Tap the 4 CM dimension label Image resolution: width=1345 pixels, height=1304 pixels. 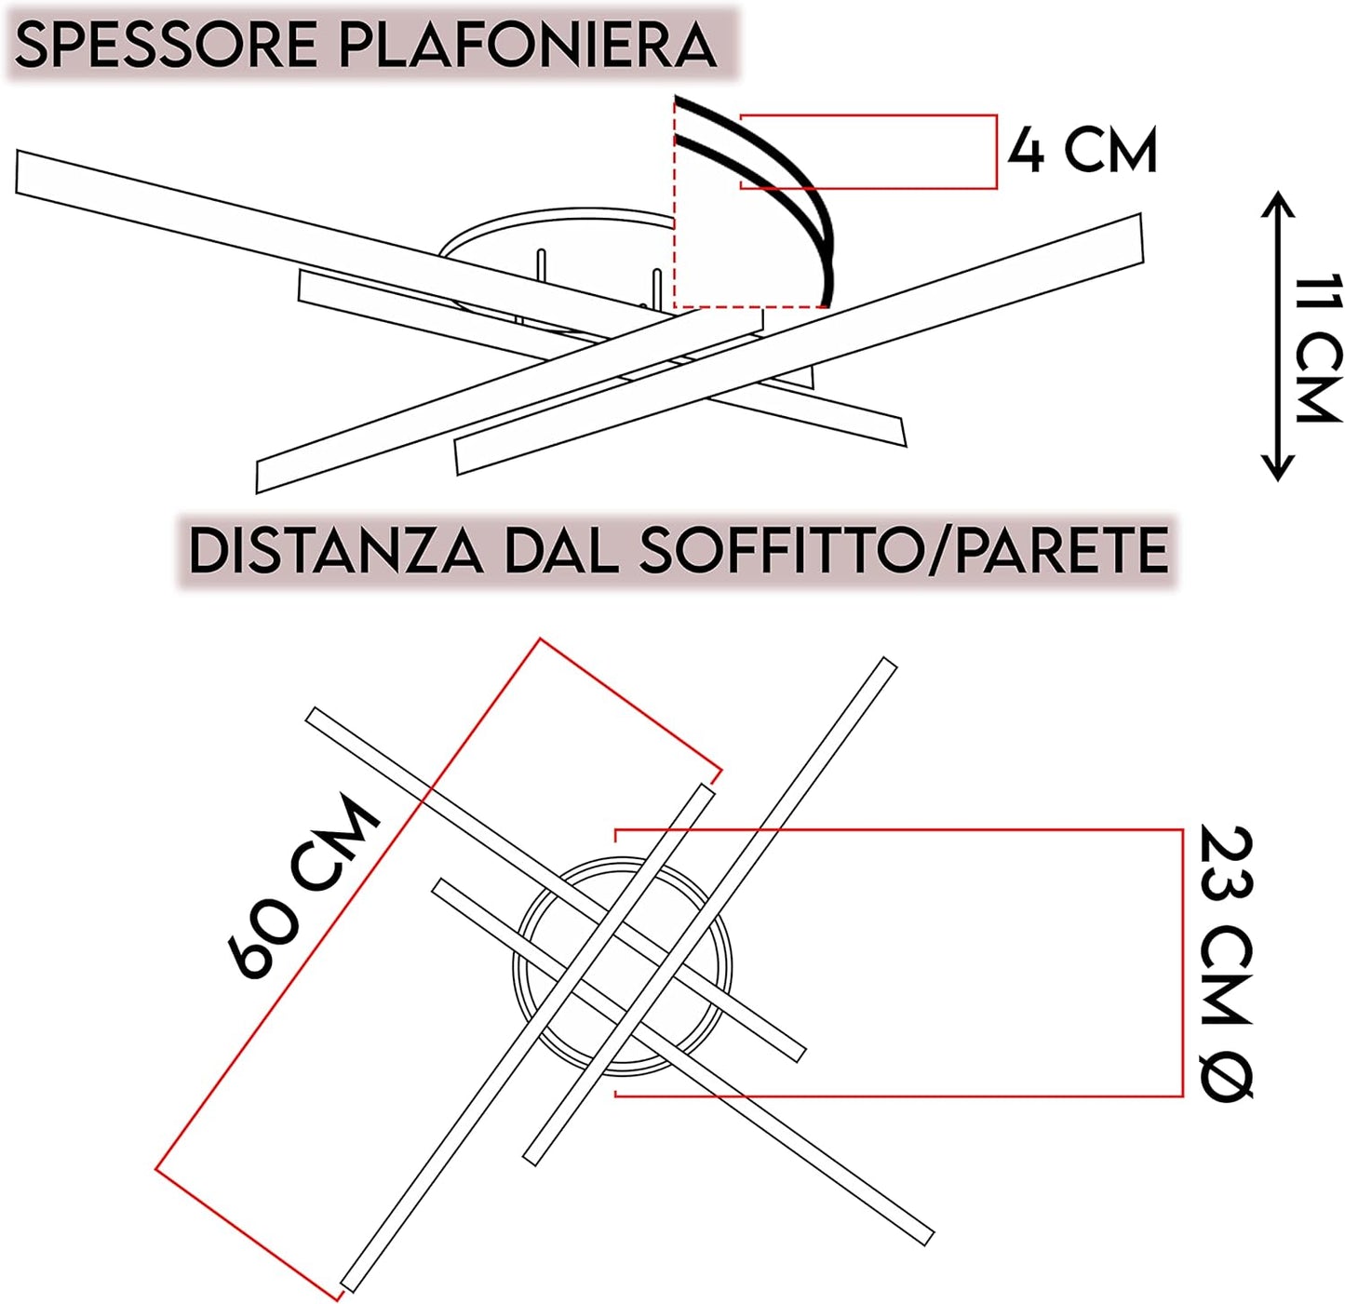click(x=1083, y=151)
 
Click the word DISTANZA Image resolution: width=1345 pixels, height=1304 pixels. click(x=336, y=551)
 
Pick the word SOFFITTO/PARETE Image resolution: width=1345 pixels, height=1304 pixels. click(x=903, y=551)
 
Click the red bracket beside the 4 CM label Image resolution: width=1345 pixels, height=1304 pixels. click(x=996, y=152)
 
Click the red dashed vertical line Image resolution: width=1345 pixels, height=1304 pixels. click(x=674, y=205)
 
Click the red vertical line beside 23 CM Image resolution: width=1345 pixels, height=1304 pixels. click(x=1182, y=961)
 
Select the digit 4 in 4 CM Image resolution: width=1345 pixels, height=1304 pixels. click(x=1027, y=151)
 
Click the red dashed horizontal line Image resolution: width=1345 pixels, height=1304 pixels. click(x=749, y=306)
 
